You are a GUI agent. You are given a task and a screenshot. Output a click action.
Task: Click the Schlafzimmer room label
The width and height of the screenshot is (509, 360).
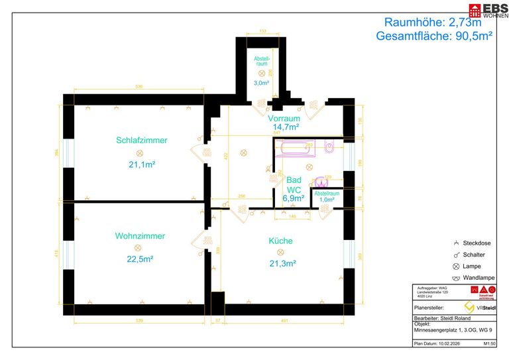pyautogui.click(x=141, y=141)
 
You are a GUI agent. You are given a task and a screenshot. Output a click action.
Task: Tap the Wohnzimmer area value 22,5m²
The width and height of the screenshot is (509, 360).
pyautogui.click(x=141, y=259)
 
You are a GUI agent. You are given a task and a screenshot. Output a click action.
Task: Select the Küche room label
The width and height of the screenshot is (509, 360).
pyautogui.click(x=280, y=241)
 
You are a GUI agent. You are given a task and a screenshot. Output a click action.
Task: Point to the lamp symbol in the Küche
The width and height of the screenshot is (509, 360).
pyautogui.click(x=280, y=252)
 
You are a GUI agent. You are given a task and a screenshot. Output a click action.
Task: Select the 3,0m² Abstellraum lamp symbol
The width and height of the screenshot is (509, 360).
pyautogui.click(x=262, y=73)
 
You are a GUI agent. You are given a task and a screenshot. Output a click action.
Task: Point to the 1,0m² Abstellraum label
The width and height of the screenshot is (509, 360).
pyautogui.click(x=327, y=196)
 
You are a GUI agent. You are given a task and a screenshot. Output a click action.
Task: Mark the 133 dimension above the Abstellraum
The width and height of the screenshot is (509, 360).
pyautogui.click(x=262, y=31)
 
